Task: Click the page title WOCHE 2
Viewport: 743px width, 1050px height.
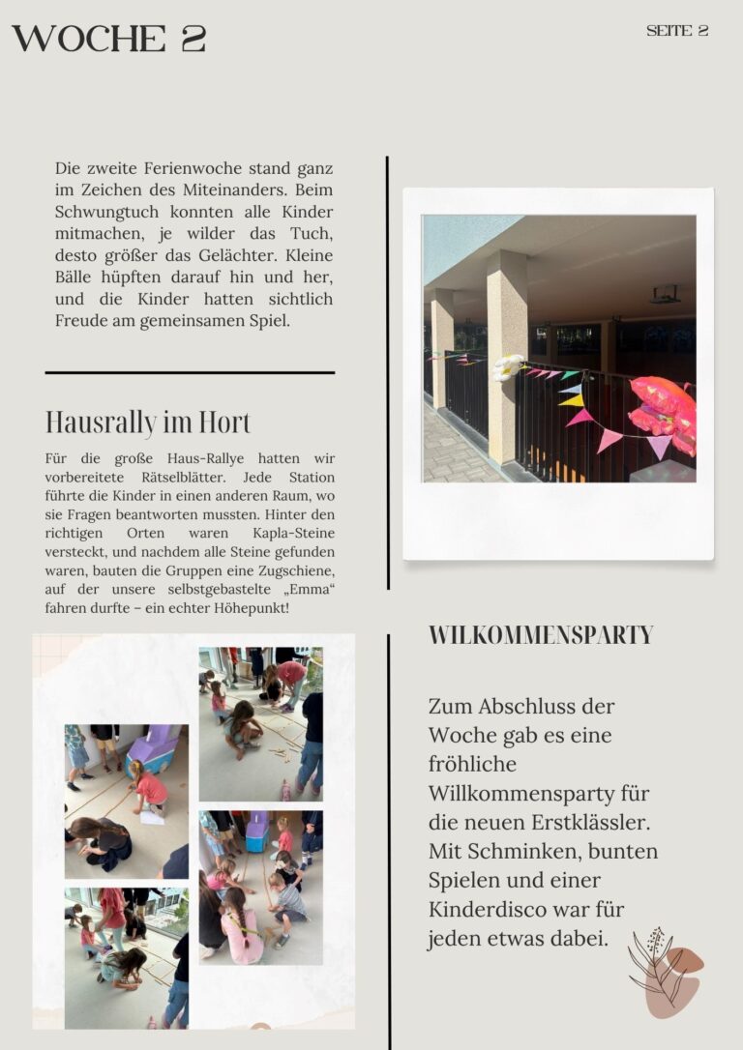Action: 108,39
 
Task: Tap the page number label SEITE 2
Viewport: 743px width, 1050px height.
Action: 677,31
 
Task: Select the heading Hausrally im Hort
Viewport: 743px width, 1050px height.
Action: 148,423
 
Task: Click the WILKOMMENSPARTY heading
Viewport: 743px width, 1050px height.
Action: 541,635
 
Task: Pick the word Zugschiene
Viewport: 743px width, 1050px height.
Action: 292,570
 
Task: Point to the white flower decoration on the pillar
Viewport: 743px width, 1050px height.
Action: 508,366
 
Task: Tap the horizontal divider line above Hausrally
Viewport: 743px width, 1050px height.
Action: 190,372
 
